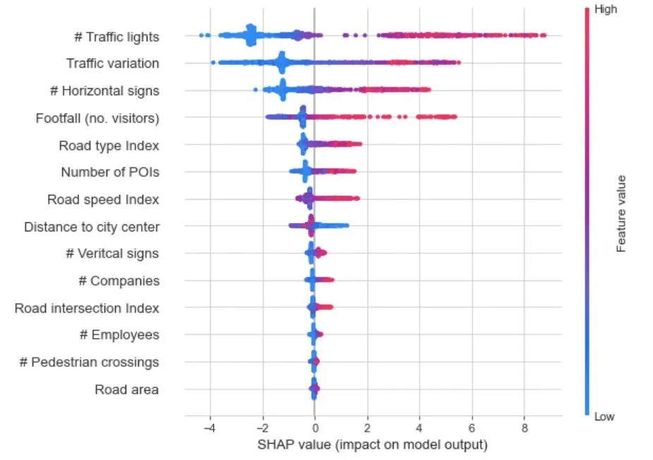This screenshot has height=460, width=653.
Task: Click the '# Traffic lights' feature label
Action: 116,37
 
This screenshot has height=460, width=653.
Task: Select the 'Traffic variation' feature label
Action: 112,63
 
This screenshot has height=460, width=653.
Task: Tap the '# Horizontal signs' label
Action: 110,91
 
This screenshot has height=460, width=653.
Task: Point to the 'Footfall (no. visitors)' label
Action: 97,119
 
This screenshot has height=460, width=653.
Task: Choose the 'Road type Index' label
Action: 109,146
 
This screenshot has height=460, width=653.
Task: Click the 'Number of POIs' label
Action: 109,172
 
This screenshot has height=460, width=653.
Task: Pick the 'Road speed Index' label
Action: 103,200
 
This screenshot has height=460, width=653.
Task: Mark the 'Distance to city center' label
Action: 92,227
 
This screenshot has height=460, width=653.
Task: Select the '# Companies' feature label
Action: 118,281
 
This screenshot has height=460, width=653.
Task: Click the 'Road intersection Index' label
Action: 87,308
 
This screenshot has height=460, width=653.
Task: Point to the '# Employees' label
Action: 118,335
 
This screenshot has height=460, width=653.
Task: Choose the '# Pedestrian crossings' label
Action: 89,363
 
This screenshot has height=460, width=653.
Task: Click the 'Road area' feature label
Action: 127,389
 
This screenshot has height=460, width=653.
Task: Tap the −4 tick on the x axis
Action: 209,428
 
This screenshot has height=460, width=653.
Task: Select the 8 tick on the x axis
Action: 524,428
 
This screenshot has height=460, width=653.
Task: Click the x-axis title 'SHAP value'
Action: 372,445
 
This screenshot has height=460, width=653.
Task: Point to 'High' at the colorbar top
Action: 606,10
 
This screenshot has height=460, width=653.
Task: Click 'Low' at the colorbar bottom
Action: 604,417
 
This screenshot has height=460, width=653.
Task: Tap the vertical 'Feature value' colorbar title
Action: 621,213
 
